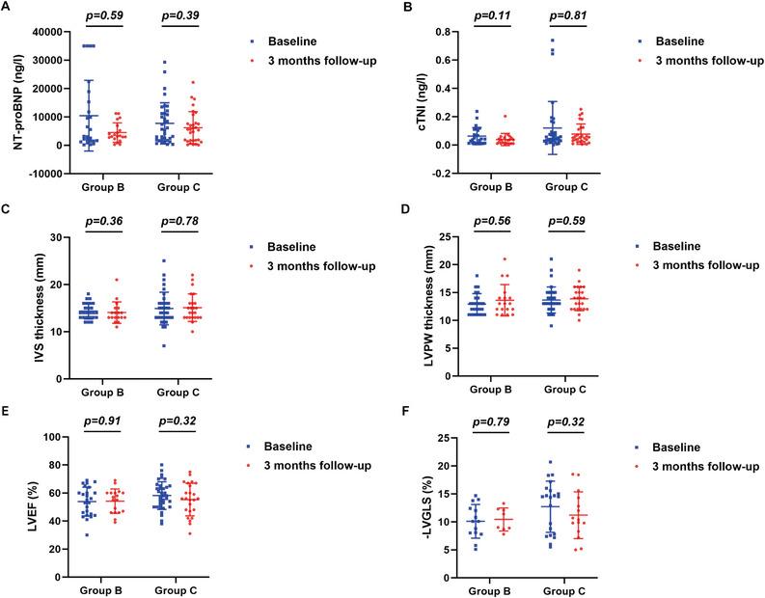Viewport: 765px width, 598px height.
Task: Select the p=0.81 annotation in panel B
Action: click(x=567, y=16)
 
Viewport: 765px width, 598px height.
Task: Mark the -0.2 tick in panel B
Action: click(x=432, y=174)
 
